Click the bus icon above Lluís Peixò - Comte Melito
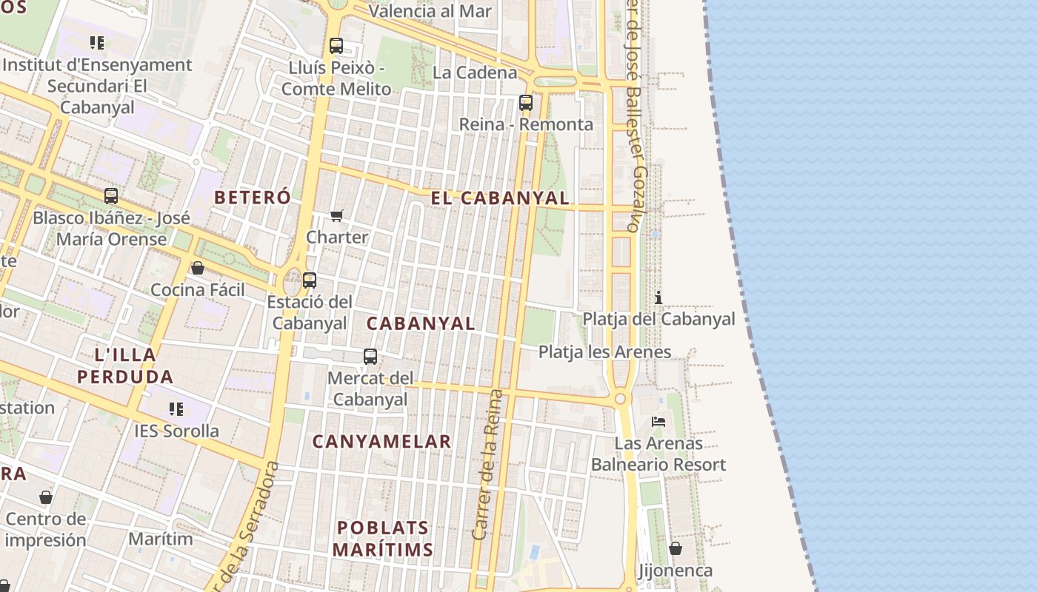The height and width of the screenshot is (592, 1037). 336,46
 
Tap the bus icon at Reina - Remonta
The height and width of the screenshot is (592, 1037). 526,103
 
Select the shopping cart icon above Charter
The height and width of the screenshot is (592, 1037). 337,215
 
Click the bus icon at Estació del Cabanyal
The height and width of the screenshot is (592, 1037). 310,280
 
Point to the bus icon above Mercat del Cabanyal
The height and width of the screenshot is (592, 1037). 370,357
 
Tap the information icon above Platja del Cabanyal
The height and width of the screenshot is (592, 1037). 658,297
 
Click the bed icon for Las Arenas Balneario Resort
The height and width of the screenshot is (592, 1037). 658,422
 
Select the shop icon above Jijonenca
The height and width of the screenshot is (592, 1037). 676,548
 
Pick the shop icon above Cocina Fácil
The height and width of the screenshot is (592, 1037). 198,268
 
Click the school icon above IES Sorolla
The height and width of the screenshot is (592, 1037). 176,408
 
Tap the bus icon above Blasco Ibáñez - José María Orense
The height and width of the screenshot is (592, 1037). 111,196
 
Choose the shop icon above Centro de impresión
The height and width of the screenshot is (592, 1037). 46,497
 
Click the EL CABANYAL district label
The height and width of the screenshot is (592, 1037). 501,198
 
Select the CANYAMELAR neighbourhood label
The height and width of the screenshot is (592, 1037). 381,442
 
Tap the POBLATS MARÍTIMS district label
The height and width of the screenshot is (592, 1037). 382,539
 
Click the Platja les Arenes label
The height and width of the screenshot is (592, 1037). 604,351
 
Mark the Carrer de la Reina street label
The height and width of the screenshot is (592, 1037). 487,465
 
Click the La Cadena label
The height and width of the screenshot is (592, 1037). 475,73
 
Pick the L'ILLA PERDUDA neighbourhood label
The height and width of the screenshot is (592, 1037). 125,366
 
